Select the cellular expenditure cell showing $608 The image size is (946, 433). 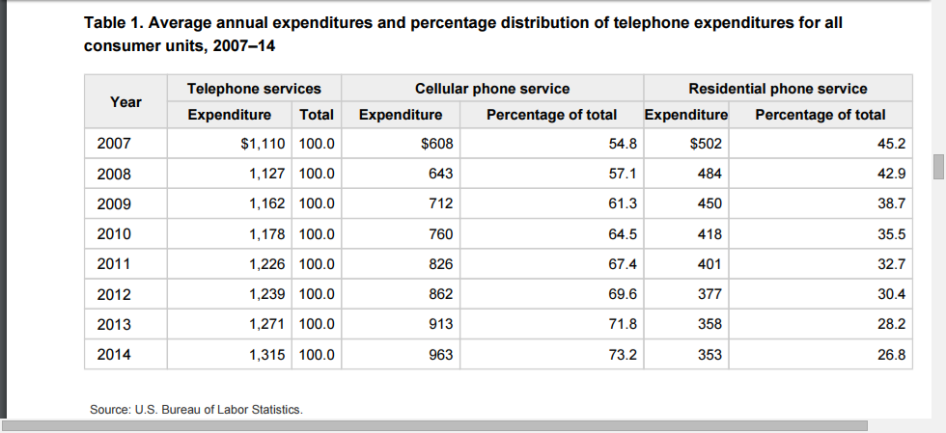click(x=437, y=145)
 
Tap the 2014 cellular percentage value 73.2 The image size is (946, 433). click(x=623, y=355)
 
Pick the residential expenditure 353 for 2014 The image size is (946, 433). click(x=709, y=355)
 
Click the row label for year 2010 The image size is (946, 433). click(x=113, y=234)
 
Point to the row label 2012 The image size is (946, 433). click(x=113, y=294)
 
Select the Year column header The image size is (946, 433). click(x=125, y=101)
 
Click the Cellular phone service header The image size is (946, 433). click(x=491, y=89)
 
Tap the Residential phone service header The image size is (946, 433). click(x=777, y=89)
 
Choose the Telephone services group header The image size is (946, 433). click(x=254, y=89)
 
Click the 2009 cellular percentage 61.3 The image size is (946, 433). click(x=623, y=204)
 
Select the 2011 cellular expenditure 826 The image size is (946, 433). click(x=440, y=264)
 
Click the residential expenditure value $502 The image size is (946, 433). click(x=706, y=145)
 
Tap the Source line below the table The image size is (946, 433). click(x=196, y=410)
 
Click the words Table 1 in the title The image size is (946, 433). click(x=111, y=22)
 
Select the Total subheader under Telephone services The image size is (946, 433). click(x=317, y=115)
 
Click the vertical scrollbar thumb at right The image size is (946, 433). click(x=938, y=165)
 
